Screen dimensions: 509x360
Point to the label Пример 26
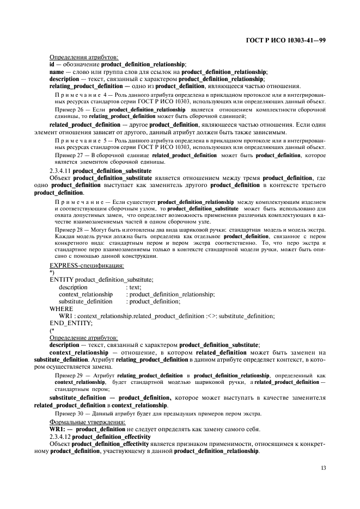point(69,109)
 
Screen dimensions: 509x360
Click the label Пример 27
point(69,155)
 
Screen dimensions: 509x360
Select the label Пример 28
point(69,230)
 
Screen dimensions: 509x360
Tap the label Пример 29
point(69,376)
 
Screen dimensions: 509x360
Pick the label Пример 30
point(69,413)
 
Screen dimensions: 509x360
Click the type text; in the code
point(133,287)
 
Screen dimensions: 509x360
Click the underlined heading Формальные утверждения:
point(86,421)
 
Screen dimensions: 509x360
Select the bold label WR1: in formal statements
point(58,429)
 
